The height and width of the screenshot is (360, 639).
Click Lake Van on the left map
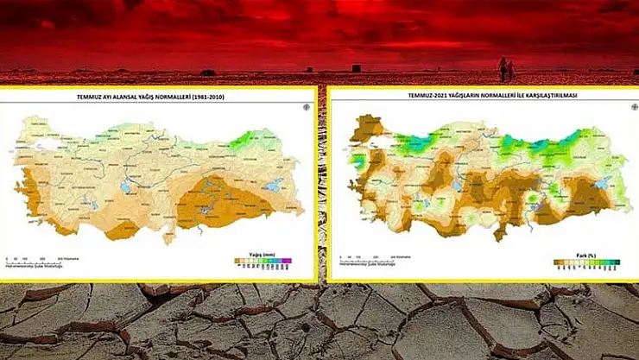point(273,184)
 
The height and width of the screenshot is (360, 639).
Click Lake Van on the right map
point(602,182)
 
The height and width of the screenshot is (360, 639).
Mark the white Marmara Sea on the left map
point(52,147)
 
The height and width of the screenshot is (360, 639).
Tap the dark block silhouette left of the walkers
point(355,67)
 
